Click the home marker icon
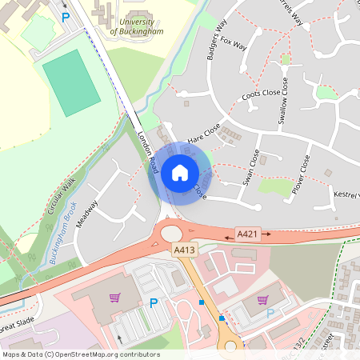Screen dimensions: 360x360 [x=180, y=172]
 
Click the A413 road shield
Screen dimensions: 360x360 [x=184, y=250]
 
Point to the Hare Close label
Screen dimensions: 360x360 [x=203, y=138]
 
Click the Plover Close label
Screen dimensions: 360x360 [x=301, y=174]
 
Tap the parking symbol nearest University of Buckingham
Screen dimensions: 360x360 [x=66, y=16]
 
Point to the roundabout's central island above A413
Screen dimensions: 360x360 [x=172, y=233]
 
